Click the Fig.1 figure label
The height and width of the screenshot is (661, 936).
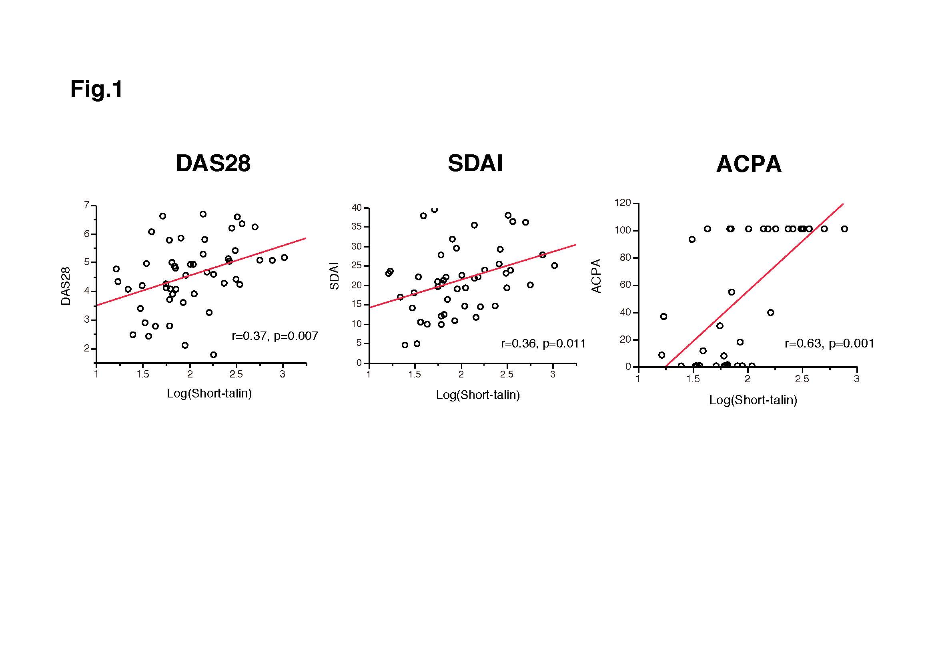[96, 89]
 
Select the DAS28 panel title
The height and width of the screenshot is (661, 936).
[213, 163]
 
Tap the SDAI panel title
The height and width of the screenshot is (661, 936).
[475, 163]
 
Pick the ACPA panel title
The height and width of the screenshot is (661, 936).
[748, 164]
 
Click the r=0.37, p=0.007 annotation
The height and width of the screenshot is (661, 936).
[275, 336]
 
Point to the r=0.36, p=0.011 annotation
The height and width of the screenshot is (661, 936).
[543, 344]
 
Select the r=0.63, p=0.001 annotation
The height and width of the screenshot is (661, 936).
[829, 344]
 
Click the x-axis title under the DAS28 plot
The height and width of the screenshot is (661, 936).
[209, 393]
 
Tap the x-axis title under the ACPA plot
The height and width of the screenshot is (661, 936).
[753, 400]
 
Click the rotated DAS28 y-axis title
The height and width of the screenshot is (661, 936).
[66, 286]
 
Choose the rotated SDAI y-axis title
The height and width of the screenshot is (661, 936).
[334, 276]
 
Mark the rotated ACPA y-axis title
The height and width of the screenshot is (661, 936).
[596, 276]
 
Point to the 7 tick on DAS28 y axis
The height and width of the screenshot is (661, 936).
[86, 205]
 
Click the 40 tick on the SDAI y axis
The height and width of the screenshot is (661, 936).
[357, 208]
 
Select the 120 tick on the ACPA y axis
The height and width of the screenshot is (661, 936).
[623, 203]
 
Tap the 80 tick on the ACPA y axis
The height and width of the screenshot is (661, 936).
[625, 258]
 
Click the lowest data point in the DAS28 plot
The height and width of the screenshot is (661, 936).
[214, 355]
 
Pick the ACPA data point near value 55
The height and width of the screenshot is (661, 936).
[732, 292]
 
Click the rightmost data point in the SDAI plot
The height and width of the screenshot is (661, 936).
[554, 266]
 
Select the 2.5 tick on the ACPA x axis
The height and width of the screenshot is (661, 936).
[802, 379]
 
